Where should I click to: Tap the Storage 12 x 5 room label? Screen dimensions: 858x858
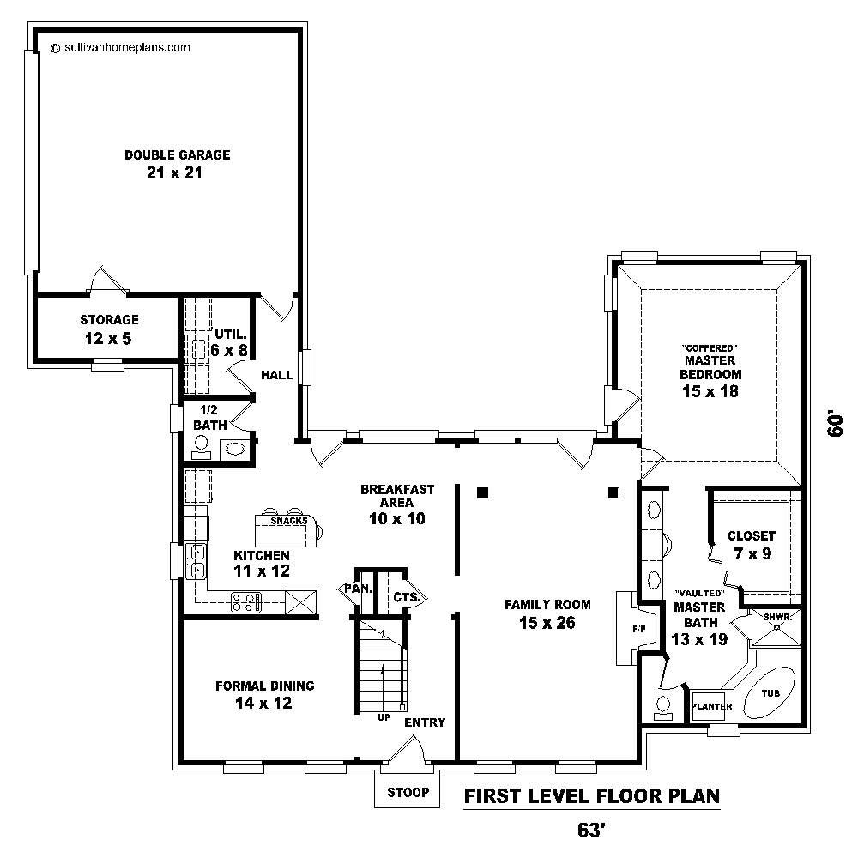click(109, 329)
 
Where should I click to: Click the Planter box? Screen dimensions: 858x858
click(712, 707)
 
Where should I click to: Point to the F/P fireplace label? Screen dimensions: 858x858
click(638, 630)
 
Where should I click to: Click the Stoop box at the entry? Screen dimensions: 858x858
click(408, 792)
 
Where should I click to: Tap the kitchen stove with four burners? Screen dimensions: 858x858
click(246, 602)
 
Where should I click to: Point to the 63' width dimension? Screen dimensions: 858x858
click(592, 831)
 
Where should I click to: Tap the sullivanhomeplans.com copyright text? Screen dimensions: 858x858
click(120, 48)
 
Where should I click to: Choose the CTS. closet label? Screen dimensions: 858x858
click(405, 597)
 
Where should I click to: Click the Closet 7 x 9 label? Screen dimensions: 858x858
click(751, 545)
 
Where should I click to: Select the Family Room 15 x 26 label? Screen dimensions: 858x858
click(546, 613)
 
